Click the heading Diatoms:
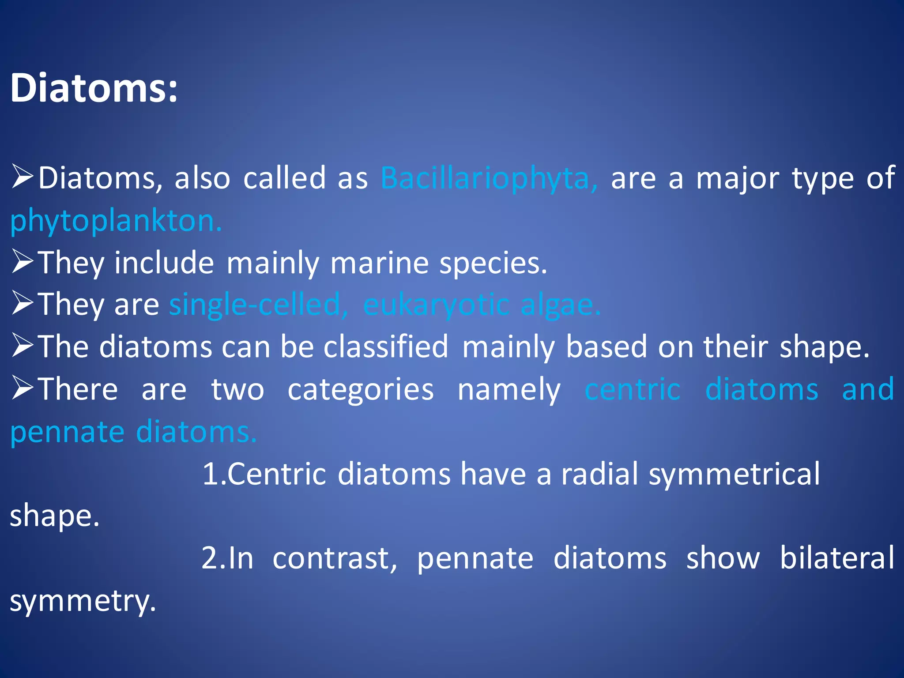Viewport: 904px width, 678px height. (x=94, y=88)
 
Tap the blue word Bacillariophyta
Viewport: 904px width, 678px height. (x=489, y=179)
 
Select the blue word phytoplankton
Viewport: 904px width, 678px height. (x=116, y=221)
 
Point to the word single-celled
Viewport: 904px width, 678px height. (x=259, y=305)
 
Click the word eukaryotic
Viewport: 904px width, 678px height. (x=436, y=305)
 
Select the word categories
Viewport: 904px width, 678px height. (x=361, y=389)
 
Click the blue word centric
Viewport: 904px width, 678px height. (x=632, y=389)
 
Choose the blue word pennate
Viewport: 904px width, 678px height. (x=67, y=432)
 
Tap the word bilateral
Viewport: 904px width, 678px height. (x=836, y=558)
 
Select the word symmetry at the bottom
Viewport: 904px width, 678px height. (x=82, y=601)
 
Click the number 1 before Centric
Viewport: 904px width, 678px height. (x=209, y=474)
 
